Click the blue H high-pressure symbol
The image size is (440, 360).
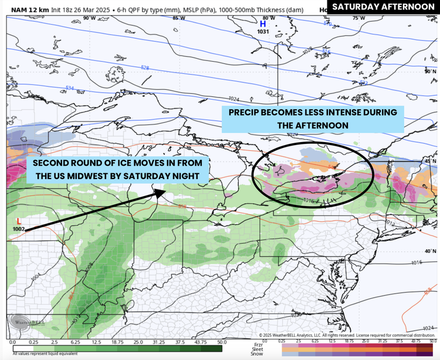point(263,24)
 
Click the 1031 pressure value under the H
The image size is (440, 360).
point(262,32)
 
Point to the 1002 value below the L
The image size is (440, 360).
point(18,228)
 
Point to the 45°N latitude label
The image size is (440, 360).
point(431,161)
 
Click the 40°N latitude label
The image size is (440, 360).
point(431,251)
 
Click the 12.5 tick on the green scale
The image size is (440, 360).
point(96,341)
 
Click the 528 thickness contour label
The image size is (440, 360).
point(145,68)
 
